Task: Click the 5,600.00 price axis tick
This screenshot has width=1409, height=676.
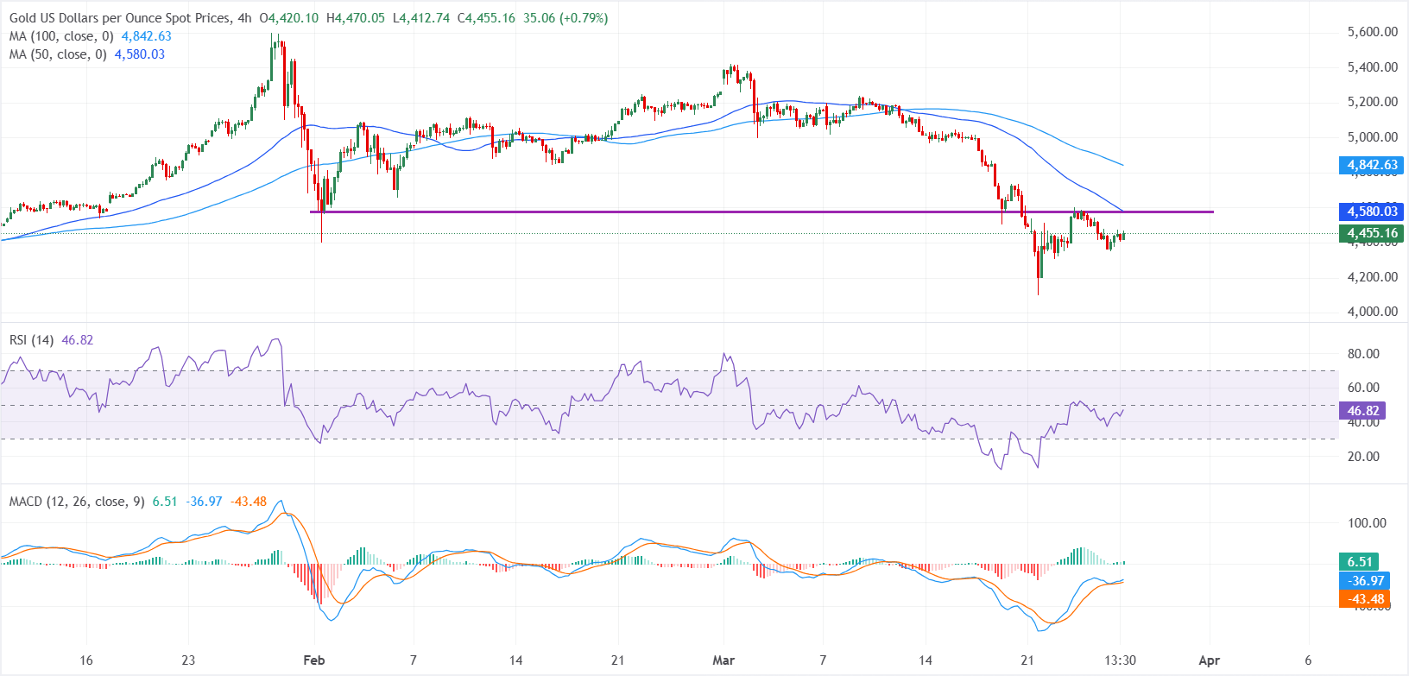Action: coord(1372,32)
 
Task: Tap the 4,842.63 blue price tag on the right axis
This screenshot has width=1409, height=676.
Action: coord(1372,165)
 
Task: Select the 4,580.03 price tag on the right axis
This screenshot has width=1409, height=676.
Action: coord(1372,212)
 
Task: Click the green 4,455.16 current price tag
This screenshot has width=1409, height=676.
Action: coord(1372,233)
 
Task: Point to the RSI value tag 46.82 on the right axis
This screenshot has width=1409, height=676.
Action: coord(1363,411)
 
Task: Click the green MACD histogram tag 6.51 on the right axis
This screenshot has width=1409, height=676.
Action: coord(1360,562)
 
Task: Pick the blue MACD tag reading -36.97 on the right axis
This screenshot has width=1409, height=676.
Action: coord(1365,581)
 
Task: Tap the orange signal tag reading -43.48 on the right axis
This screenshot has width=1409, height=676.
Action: coord(1365,599)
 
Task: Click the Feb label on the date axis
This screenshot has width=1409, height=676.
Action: coord(314,660)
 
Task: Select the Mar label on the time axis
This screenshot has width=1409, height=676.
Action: coord(723,660)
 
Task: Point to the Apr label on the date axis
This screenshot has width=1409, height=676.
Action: coord(1210,660)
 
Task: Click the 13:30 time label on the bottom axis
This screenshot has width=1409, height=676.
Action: coord(1120,660)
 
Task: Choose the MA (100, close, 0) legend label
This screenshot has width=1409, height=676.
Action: coord(61,36)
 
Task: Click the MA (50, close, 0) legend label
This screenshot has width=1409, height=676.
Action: coord(58,54)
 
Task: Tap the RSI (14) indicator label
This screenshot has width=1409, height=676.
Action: coord(32,340)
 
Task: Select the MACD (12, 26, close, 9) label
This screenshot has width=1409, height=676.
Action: coord(77,502)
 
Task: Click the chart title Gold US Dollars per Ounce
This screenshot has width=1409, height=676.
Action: coord(120,18)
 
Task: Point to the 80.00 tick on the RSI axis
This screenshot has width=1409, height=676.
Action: coord(1363,354)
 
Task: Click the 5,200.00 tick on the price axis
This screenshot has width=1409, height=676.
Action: coord(1372,102)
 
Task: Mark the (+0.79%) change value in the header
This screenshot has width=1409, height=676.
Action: coord(584,18)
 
